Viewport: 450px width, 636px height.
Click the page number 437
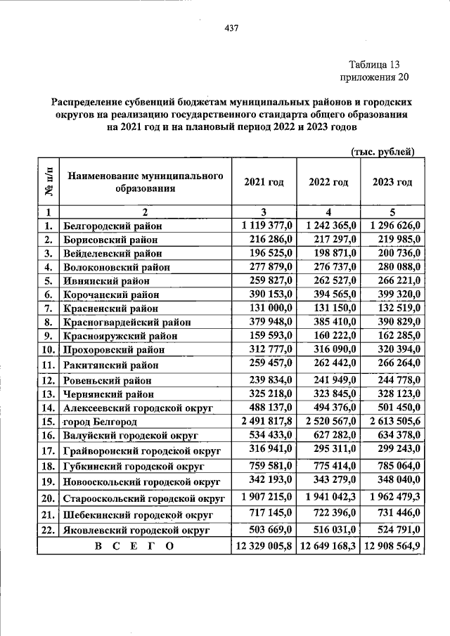[231, 28]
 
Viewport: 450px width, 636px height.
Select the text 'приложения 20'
[374, 77]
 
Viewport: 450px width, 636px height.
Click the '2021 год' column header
[264, 182]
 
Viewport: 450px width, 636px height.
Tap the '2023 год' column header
[392, 182]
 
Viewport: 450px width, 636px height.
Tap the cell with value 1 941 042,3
[328, 498]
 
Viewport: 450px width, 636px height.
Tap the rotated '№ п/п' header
[48, 182]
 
